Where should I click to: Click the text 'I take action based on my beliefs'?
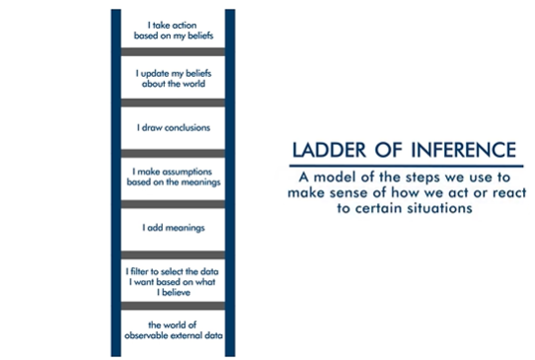173,28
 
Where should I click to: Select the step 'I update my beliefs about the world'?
173,77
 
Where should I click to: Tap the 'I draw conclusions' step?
173,127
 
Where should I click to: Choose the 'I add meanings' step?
173,228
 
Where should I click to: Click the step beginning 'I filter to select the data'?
173,278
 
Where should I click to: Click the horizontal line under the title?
403,166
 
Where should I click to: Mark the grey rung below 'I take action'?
173,51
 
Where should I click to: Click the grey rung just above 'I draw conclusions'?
173,103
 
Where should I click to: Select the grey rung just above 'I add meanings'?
173,203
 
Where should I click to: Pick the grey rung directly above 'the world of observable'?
173,306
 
